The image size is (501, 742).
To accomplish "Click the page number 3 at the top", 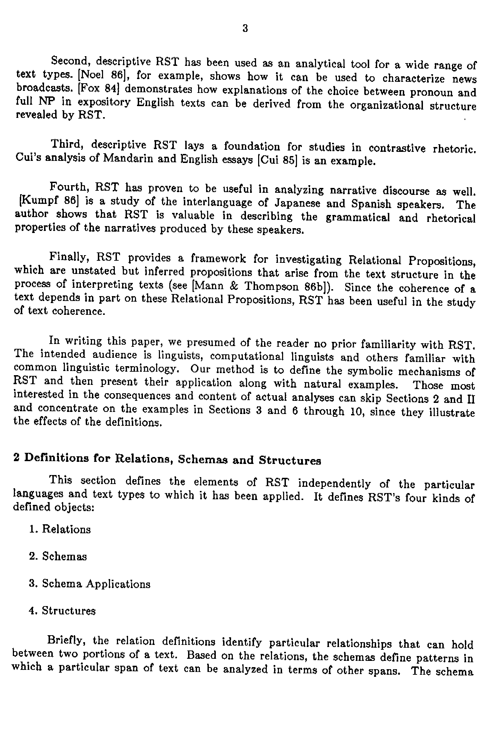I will pos(245,28).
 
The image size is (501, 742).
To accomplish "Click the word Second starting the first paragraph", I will pos(70,61).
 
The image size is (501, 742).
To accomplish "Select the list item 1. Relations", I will pos(60,529).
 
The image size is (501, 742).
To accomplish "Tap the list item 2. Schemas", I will pos(58,556).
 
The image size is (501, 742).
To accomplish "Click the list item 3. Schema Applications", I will pos(90,584).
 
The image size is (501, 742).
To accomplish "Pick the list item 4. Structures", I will pos(62,611).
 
